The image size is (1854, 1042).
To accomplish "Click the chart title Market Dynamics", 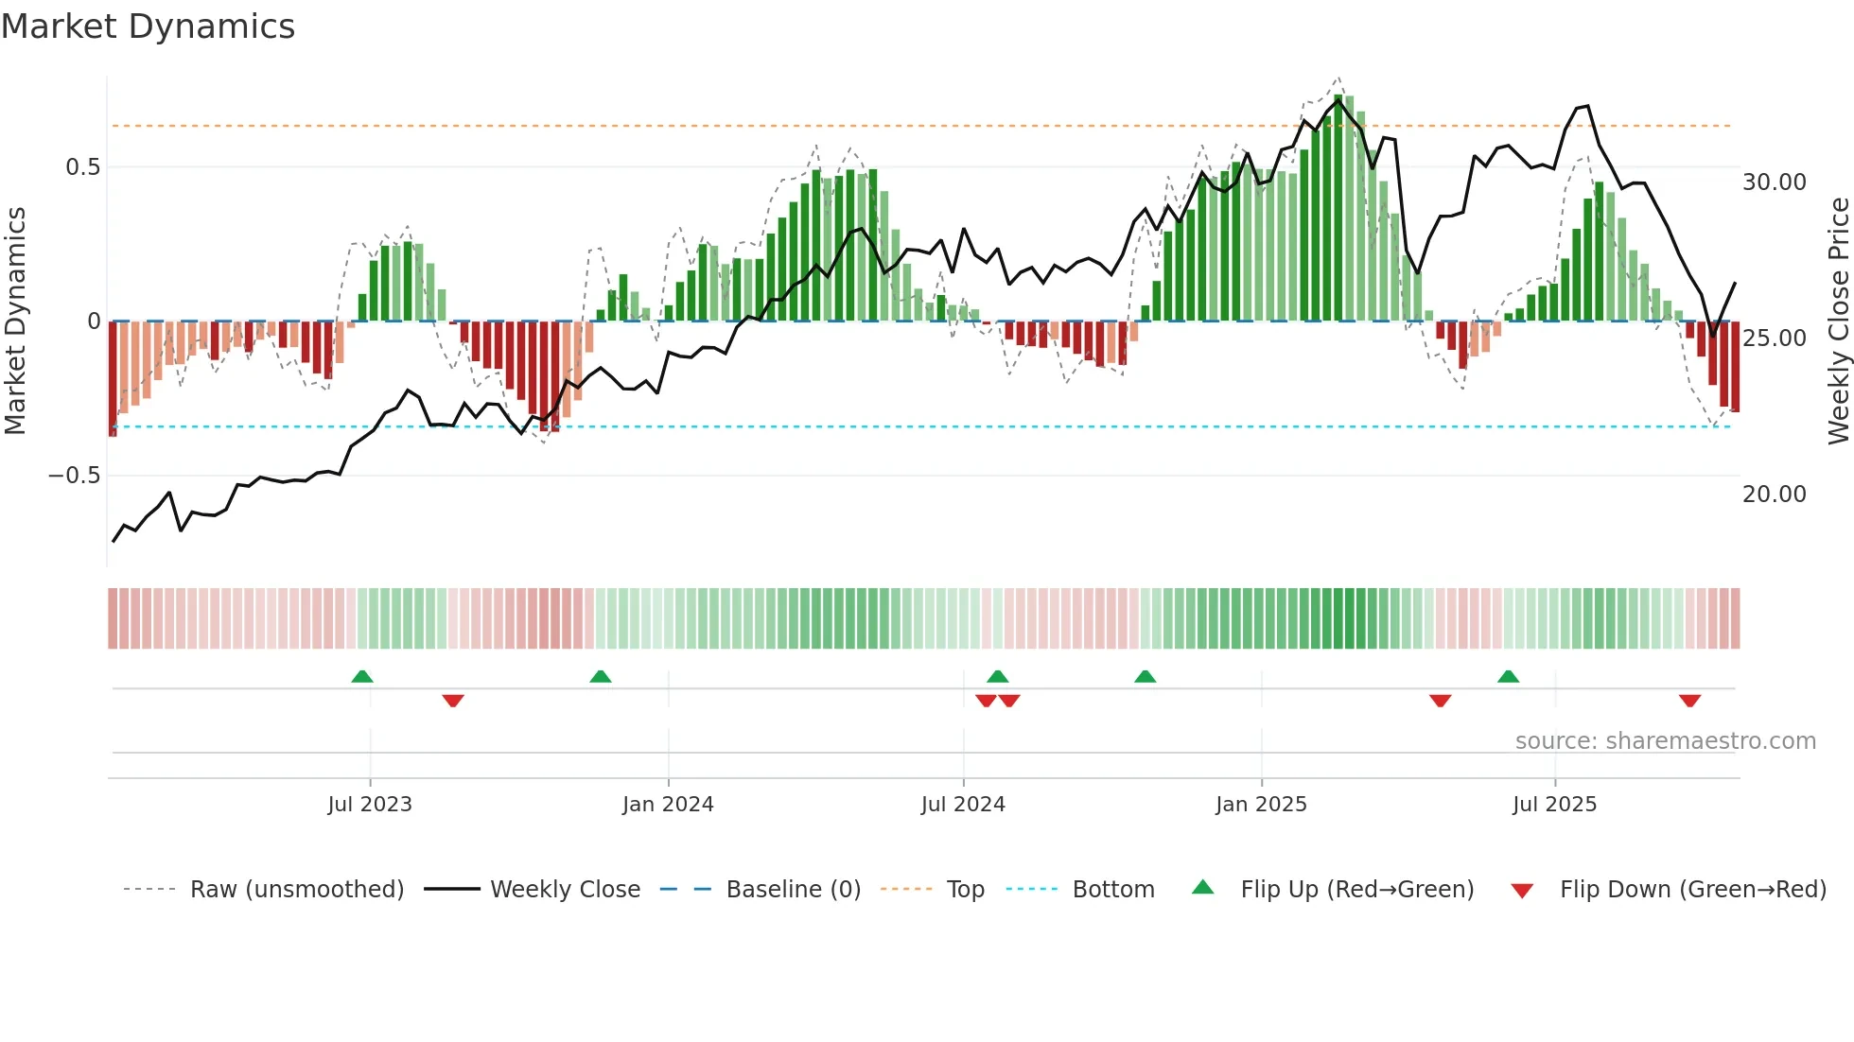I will point(149,26).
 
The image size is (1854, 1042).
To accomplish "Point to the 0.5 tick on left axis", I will point(82,167).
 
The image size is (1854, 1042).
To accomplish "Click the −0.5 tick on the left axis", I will point(75,475).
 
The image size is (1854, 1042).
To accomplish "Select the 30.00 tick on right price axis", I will point(1774,182).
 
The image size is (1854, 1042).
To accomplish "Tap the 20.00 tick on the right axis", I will point(1774,494).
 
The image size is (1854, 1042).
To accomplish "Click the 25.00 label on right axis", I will point(1774,338).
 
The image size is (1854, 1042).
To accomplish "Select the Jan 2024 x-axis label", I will point(668,804).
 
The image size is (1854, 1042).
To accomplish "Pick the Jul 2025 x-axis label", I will point(1554,804).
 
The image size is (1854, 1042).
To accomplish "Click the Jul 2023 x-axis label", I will point(370,804).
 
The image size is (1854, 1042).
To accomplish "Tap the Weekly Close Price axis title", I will point(1838,321).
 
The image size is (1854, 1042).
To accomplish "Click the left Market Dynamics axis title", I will point(15,321).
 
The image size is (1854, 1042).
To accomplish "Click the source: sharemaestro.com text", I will point(1665,740).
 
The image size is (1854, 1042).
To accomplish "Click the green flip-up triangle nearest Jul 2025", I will point(1508,676).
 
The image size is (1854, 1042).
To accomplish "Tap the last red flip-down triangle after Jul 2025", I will point(1689,701).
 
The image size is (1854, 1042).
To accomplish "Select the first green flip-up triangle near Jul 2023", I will point(361,676).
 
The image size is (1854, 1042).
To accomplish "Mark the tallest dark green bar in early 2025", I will point(1338,208).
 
